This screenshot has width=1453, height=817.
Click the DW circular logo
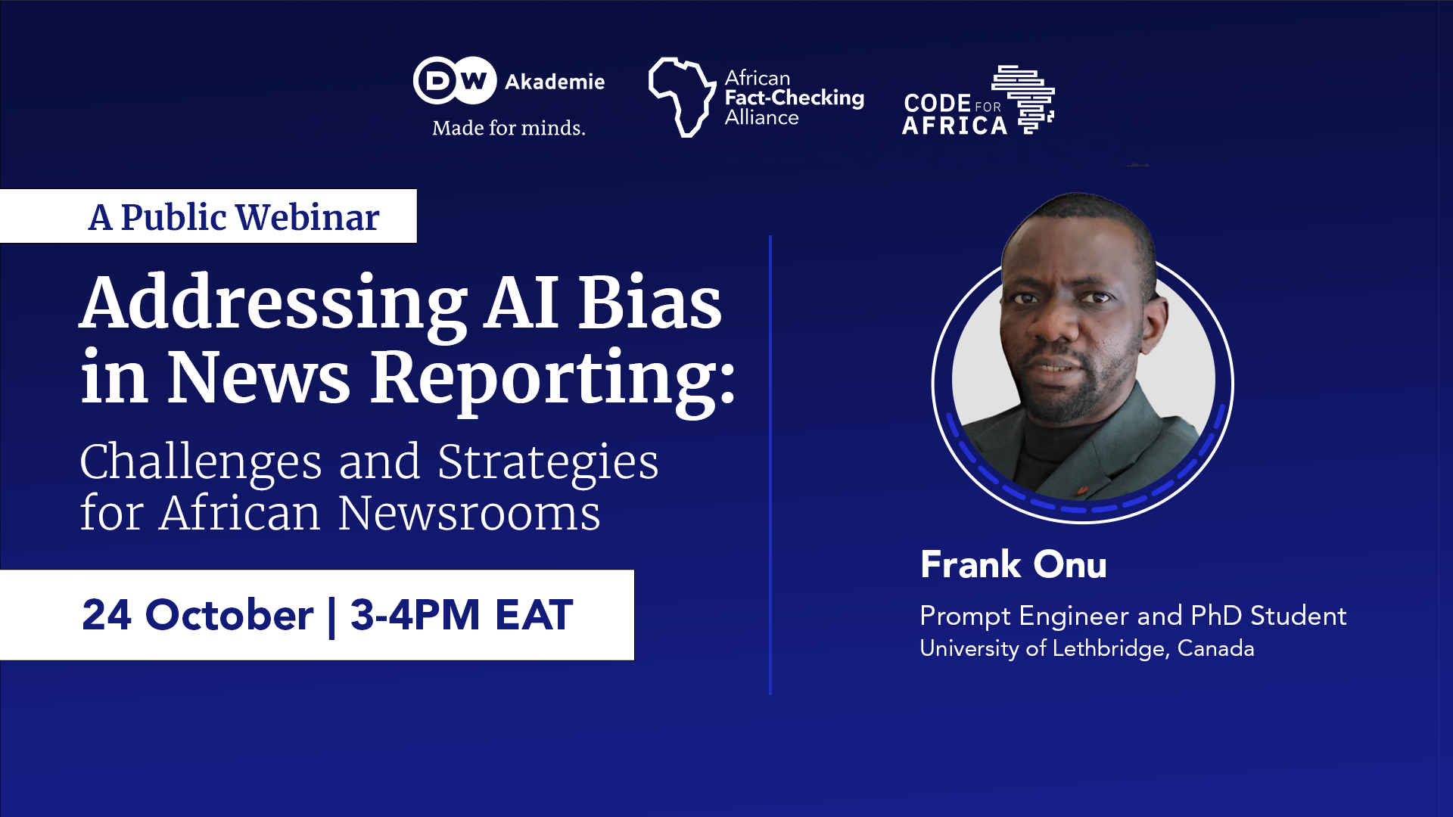tap(455, 80)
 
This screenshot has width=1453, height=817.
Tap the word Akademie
tap(555, 82)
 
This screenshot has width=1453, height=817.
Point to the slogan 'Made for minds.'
tap(509, 128)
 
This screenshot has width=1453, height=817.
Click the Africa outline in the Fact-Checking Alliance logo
tap(681, 97)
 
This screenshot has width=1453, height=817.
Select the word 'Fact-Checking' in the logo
tap(794, 98)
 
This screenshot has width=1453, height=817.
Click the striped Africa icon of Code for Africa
tap(1025, 99)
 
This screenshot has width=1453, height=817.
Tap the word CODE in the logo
tap(937, 103)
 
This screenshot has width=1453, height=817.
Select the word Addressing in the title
tap(273, 303)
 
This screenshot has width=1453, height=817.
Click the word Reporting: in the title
tap(552, 378)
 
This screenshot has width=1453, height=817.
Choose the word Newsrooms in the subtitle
tap(469, 513)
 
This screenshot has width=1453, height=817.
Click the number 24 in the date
tap(107, 614)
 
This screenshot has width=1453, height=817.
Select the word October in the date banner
tap(229, 614)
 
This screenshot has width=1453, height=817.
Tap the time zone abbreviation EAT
tap(534, 614)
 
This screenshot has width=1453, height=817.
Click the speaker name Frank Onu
tap(1013, 564)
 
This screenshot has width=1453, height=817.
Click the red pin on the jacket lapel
tap(1082, 490)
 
